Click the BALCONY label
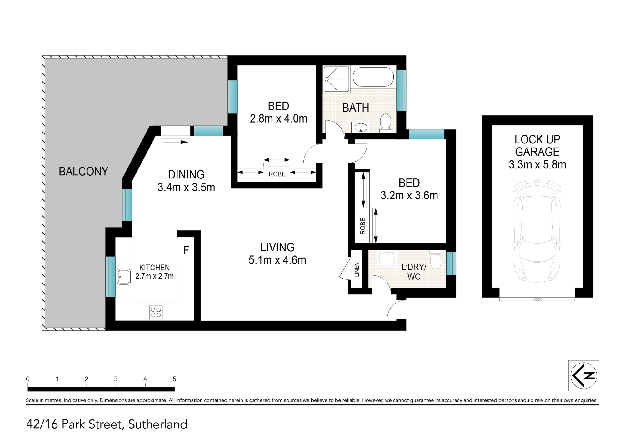(83, 171)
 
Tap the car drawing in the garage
(537, 232)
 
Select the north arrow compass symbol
(583, 375)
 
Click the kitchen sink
(124, 276)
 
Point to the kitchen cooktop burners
(156, 312)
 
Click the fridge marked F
(186, 250)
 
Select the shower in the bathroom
(336, 79)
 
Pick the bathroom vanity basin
(361, 127)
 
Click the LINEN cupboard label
(357, 269)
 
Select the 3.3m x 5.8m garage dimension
(537, 164)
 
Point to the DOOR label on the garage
(537, 299)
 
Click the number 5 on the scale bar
(174, 379)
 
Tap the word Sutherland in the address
(158, 424)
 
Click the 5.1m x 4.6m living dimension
(277, 260)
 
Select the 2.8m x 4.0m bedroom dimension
(278, 118)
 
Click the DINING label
(186, 174)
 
